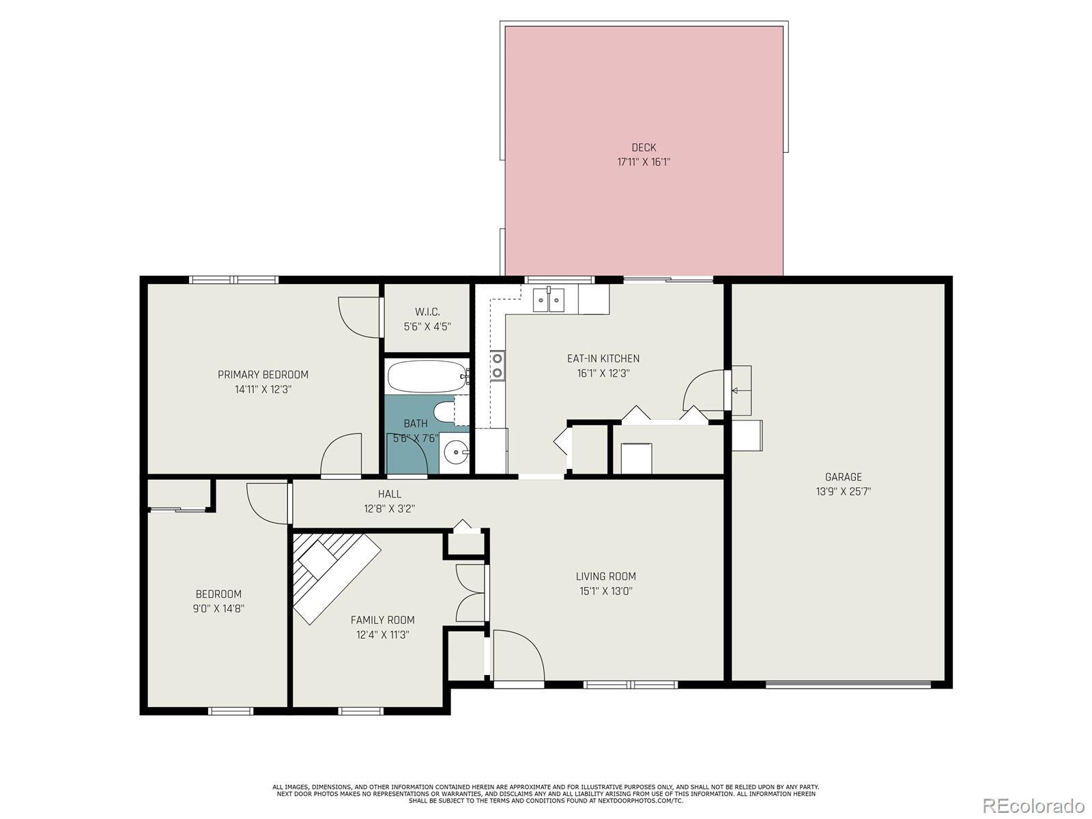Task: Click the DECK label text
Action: click(644, 147)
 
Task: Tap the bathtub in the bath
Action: click(428, 377)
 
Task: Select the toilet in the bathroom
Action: click(451, 411)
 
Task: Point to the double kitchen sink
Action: click(549, 300)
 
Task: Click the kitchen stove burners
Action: click(497, 366)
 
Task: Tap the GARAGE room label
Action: click(844, 477)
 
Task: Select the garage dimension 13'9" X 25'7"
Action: click(844, 492)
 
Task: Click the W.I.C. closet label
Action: click(427, 313)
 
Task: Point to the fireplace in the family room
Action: click(336, 577)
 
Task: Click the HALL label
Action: click(390, 494)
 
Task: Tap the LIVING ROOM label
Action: click(605, 577)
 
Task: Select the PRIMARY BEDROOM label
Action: click(263, 375)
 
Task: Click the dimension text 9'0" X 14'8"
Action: click(218, 609)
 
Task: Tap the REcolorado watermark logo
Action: click(1033, 805)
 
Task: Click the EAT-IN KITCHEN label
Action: click(603, 358)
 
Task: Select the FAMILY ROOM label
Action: click(382, 620)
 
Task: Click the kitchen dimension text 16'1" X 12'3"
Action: click(603, 373)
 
